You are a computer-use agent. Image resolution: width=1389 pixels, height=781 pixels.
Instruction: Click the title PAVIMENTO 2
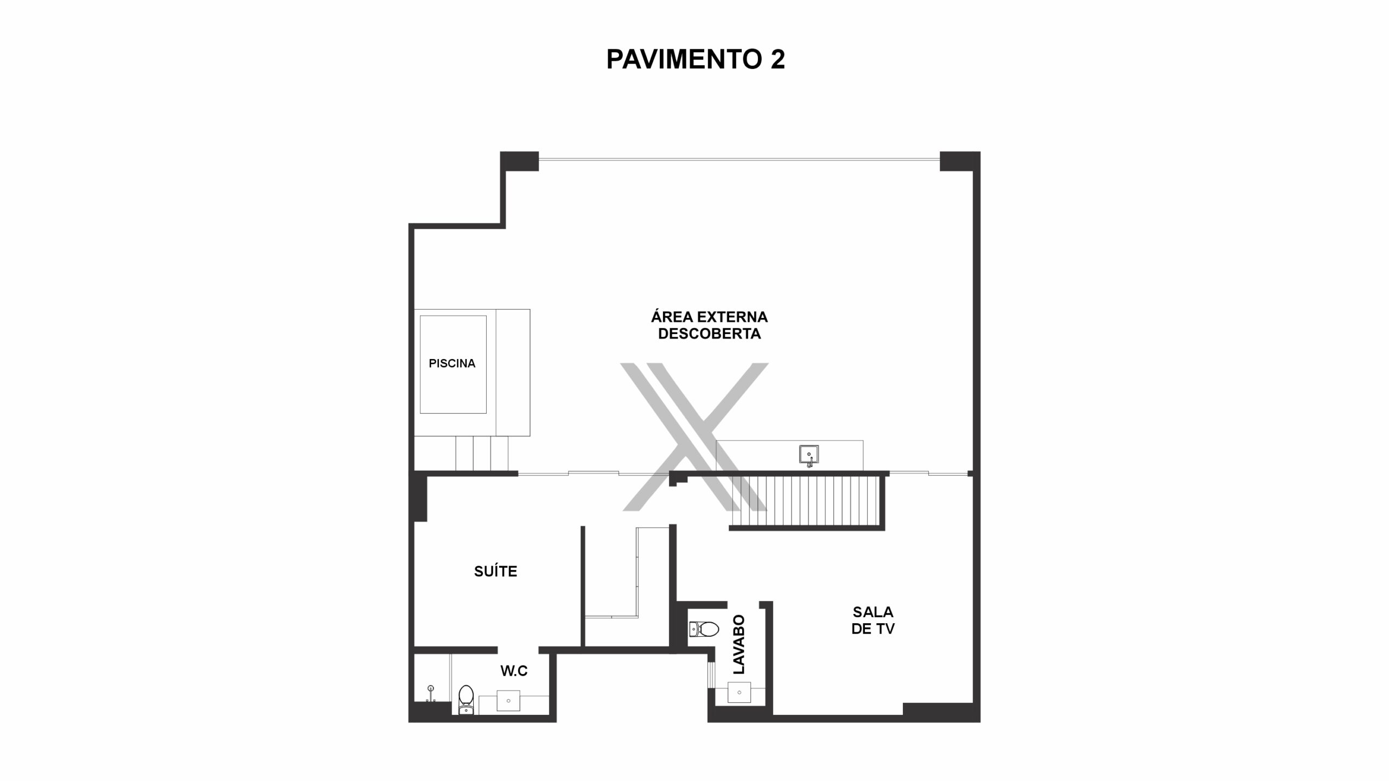[695, 59]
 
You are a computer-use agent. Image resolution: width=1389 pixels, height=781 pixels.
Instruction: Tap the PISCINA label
[452, 363]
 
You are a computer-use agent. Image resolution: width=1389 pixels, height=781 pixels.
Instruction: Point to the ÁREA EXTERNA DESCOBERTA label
[709, 325]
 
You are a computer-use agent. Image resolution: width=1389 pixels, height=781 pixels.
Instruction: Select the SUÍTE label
[495, 571]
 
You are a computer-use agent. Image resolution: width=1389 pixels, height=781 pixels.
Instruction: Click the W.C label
[514, 671]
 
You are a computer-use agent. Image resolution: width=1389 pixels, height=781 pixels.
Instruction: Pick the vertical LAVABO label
[739, 644]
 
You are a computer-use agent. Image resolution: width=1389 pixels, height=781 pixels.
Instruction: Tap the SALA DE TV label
[872, 620]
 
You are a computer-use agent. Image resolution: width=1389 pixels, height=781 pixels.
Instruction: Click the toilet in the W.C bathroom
[466, 700]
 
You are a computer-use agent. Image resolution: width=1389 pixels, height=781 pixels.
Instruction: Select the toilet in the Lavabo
[704, 629]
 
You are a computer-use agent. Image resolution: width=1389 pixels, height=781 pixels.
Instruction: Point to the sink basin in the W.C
[508, 701]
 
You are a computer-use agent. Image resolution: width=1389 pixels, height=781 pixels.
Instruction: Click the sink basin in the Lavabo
[739, 693]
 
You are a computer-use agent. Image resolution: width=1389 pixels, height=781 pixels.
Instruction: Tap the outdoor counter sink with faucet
[809, 455]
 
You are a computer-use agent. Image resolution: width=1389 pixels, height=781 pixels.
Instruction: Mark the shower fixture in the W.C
[431, 693]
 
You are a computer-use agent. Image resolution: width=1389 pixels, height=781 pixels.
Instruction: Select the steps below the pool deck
[482, 453]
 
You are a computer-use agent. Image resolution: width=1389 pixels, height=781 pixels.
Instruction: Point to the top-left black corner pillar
[519, 161]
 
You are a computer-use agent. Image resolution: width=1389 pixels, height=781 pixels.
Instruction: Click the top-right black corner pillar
[959, 161]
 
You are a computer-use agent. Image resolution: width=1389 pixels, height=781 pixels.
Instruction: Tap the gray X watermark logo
[694, 437]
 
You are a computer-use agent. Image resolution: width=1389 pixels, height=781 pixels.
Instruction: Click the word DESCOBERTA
[709, 334]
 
